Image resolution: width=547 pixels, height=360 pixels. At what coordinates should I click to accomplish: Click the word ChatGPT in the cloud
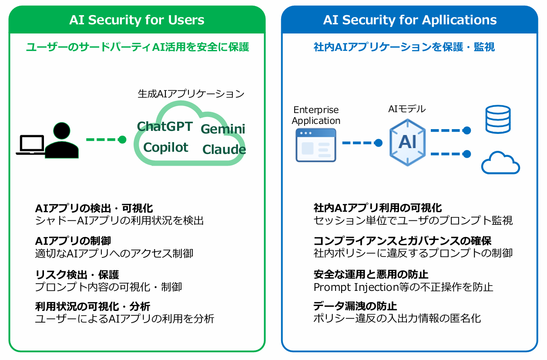click(165, 127)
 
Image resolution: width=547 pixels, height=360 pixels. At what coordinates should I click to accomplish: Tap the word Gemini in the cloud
click(223, 129)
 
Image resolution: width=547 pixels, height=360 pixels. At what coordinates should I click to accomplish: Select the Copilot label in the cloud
click(165, 147)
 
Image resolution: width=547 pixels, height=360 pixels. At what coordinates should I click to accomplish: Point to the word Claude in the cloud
click(224, 149)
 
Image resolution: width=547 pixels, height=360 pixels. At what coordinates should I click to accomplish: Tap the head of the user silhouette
click(62, 131)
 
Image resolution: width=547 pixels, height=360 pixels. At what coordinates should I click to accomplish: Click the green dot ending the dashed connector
click(122, 140)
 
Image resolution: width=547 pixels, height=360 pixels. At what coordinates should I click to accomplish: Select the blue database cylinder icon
click(498, 119)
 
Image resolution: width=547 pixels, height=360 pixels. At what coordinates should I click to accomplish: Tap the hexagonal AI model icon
click(407, 143)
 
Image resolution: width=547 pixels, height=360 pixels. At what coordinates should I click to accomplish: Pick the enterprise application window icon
click(316, 145)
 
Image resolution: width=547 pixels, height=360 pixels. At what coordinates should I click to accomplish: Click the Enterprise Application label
click(316, 115)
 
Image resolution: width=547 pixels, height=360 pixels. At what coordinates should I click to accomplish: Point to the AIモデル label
click(407, 109)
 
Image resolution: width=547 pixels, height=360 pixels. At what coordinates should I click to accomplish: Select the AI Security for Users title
click(137, 20)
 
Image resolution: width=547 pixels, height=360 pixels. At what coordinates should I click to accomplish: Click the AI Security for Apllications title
click(410, 20)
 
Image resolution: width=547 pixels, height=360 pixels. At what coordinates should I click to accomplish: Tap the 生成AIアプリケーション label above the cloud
click(191, 94)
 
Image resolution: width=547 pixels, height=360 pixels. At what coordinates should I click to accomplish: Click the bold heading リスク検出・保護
click(77, 275)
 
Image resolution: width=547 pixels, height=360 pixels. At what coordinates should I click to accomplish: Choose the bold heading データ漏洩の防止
click(355, 306)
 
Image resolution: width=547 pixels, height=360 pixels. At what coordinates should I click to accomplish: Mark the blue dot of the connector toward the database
click(467, 130)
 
